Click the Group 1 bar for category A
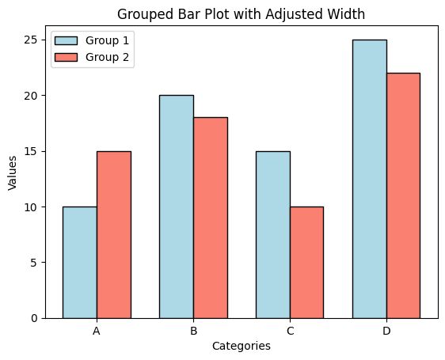click(x=79, y=263)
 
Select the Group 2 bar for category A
click(x=113, y=235)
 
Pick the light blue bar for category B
click(x=176, y=207)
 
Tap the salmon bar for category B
click(x=210, y=218)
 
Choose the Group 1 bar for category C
click(x=272, y=235)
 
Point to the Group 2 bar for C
click(x=306, y=263)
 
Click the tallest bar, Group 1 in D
click(x=369, y=179)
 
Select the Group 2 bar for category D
click(x=403, y=195)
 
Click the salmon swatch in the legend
click(x=67, y=57)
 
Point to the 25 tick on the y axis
click(x=32, y=40)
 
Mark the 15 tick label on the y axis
click(x=32, y=151)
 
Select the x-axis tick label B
click(x=193, y=332)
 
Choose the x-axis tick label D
click(x=386, y=332)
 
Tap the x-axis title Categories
click(x=242, y=347)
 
